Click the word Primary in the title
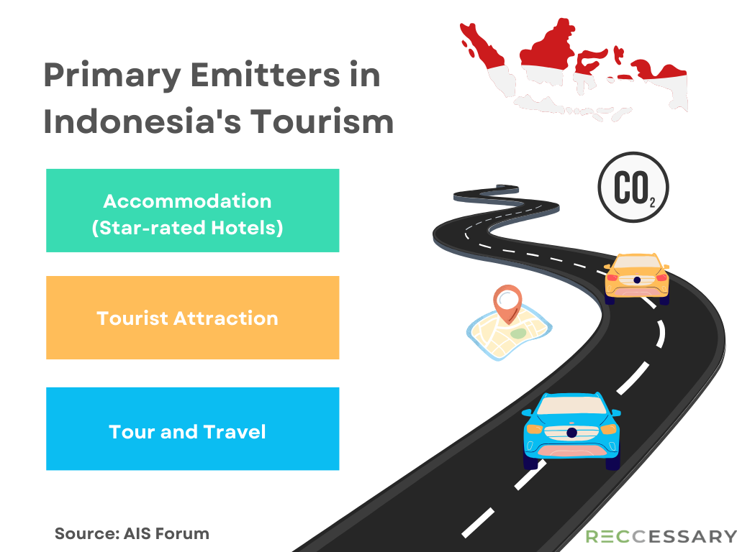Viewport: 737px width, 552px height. pos(112,75)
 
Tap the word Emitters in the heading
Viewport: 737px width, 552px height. pos(265,74)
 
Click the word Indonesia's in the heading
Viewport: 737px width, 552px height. pos(142,121)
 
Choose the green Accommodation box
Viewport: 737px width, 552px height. pos(193,211)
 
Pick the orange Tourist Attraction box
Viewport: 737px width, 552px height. pos(193,318)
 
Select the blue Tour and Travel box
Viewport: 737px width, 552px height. pos(193,428)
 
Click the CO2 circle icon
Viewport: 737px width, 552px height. pos(633,187)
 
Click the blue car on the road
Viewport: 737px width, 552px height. pos(571,431)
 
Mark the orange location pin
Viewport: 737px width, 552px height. pos(507,303)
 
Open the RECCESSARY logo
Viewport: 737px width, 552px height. pos(661,536)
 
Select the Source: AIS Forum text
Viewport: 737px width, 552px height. pos(132,534)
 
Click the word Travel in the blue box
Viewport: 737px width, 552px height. pos(235,432)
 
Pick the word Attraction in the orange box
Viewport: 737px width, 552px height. pos(225,318)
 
